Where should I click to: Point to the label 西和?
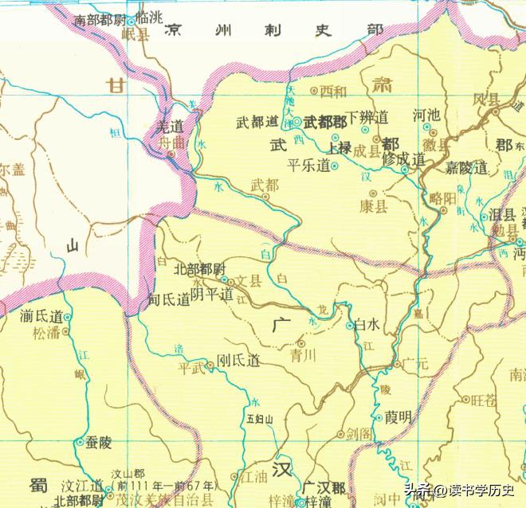334,91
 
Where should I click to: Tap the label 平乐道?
309,166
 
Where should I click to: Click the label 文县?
250,280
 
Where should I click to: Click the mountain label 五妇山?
260,417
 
